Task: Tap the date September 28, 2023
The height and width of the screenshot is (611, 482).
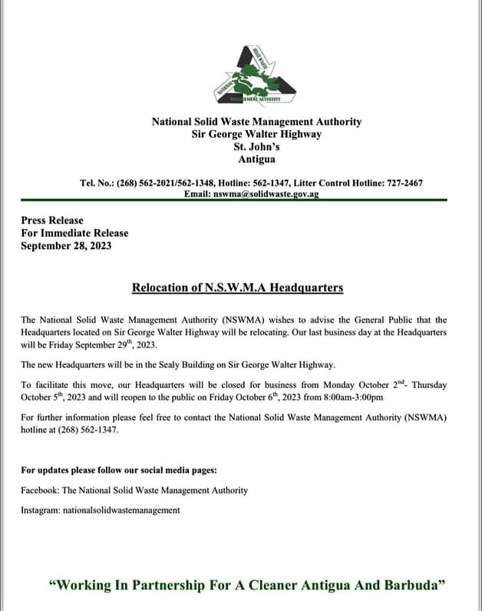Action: pos(66,246)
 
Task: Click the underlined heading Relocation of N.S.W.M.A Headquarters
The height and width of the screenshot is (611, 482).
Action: pos(237,287)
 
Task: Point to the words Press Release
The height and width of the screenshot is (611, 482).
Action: pos(52,220)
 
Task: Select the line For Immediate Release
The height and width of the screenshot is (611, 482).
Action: pos(74,233)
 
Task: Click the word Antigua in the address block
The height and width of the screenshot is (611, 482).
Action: pos(256,160)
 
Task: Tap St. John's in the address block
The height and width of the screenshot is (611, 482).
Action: pos(256,147)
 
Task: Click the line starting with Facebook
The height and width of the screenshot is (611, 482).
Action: pos(134,490)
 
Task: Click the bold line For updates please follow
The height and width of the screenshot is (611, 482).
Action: pos(119,470)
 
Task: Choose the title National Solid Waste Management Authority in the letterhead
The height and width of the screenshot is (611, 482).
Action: pos(256,121)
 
